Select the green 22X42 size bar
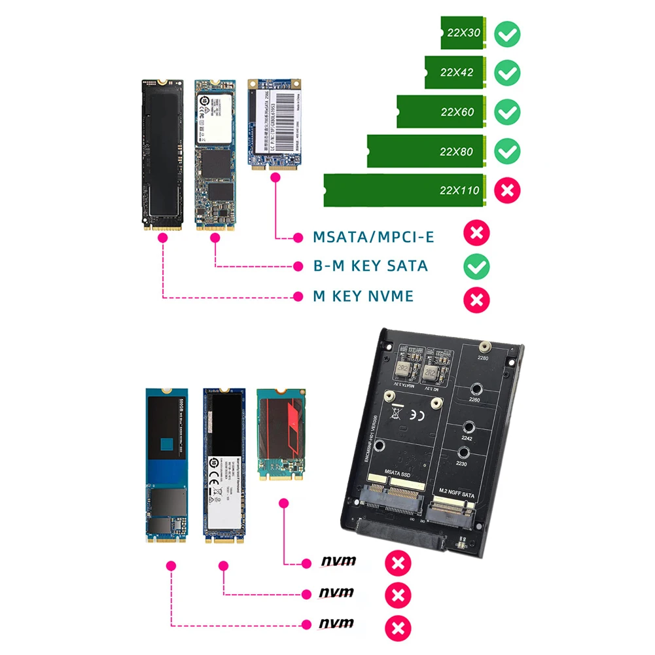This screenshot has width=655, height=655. point(455,73)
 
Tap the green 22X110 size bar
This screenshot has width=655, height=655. point(404,190)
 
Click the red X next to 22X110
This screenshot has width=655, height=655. point(507,190)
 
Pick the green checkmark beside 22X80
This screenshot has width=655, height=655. point(507,151)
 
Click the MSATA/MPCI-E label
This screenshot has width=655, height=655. point(373,237)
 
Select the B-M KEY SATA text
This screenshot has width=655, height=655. point(370,266)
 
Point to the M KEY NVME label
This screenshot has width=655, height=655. point(363,296)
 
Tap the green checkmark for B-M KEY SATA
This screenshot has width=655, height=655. point(476,266)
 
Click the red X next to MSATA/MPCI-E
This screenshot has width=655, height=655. point(476,234)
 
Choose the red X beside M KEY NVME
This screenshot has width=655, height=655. point(476,299)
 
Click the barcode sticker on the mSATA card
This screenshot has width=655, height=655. point(275,118)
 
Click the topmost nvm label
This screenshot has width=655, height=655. point(338,561)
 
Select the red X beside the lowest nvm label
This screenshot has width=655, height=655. point(398,628)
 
